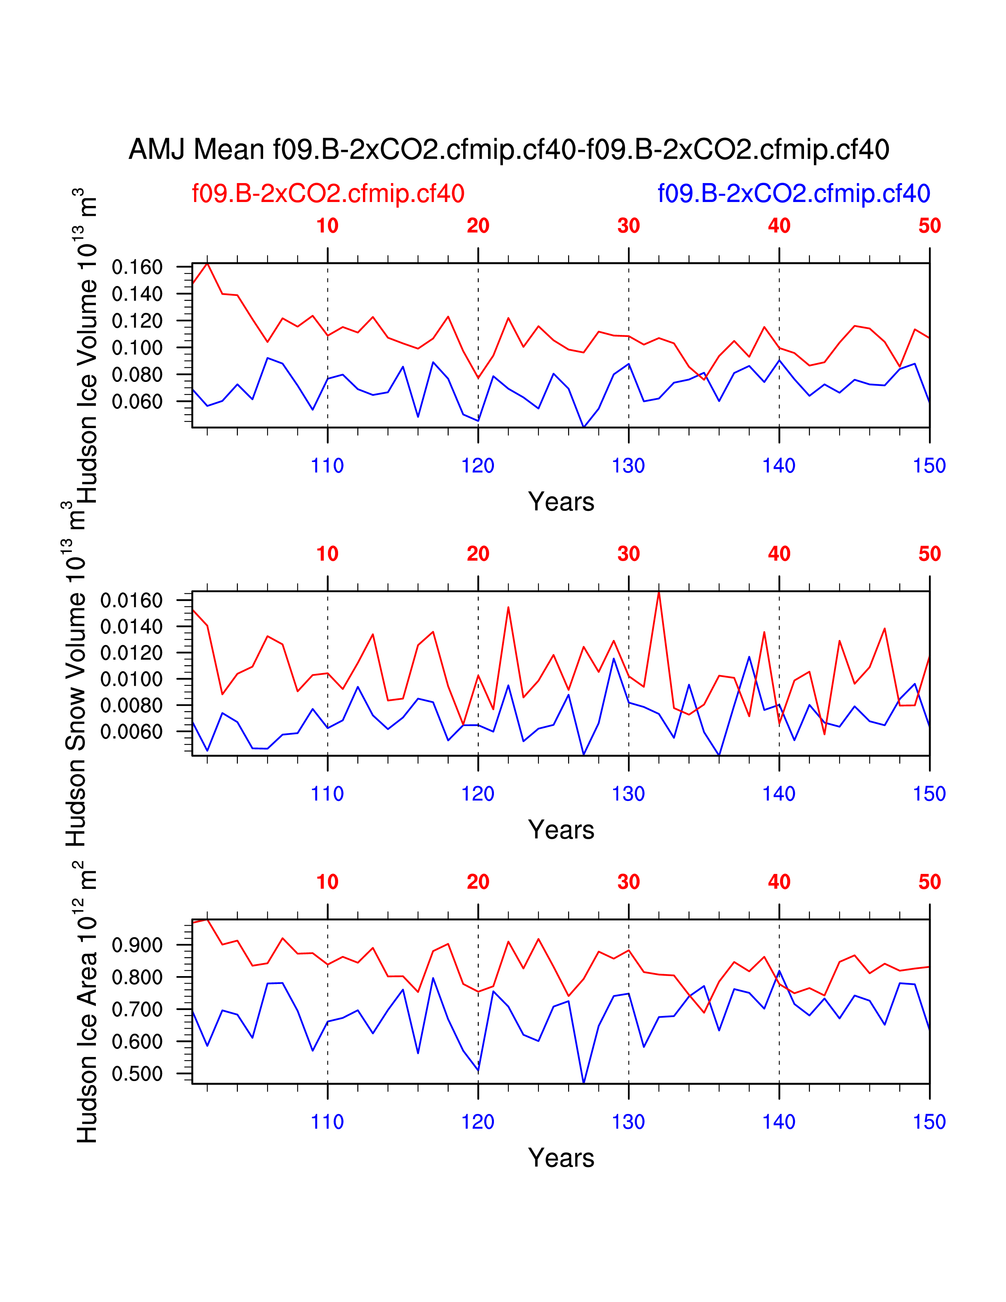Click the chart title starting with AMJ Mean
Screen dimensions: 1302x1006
point(509,149)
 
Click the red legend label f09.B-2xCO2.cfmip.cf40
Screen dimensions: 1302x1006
point(328,194)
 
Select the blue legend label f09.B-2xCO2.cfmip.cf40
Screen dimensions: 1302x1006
point(793,194)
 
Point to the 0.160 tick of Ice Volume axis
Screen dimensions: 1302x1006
point(137,267)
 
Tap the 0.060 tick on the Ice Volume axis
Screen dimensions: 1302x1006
point(137,402)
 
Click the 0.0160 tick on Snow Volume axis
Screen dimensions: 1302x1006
point(131,600)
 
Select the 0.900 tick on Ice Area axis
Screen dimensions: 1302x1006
point(137,945)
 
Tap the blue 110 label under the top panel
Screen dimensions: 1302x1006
point(327,466)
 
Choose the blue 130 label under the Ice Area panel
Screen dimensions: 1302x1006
point(628,1122)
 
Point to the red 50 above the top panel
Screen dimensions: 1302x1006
point(929,226)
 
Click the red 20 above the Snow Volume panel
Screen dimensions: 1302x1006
point(478,554)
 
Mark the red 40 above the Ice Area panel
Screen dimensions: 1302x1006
point(779,882)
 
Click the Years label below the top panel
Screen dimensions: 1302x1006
point(561,502)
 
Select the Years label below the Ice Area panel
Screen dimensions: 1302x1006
point(561,1158)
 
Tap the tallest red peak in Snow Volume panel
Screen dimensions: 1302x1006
point(658,592)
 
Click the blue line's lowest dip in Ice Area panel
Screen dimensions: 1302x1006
point(583,1082)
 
